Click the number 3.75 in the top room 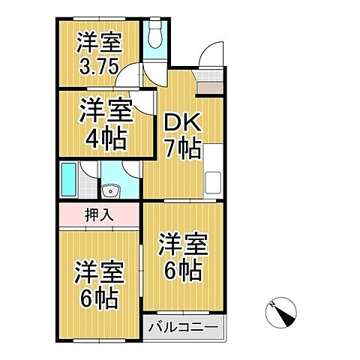[x=97, y=65]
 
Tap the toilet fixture [x=156, y=34]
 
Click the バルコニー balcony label [x=182, y=328]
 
